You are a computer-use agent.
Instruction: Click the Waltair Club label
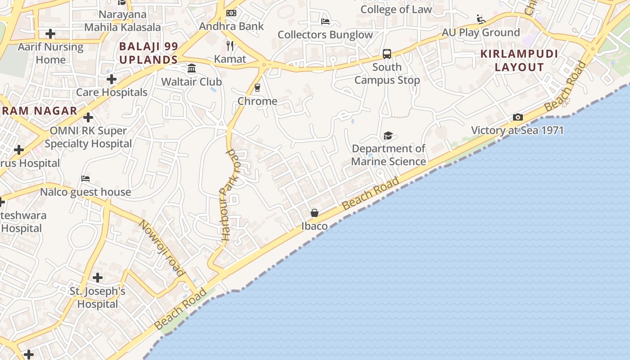pyautogui.click(x=192, y=82)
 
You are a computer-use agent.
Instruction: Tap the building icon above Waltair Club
pyautogui.click(x=192, y=68)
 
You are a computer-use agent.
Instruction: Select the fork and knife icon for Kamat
pyautogui.click(x=230, y=46)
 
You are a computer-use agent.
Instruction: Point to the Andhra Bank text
pyautogui.click(x=231, y=26)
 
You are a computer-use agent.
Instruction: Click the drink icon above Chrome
pyautogui.click(x=257, y=87)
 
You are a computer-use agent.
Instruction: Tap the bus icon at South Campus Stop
pyautogui.click(x=387, y=54)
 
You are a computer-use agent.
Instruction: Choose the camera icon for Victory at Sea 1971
pyautogui.click(x=518, y=117)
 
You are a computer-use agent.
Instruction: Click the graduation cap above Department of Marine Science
pyautogui.click(x=388, y=135)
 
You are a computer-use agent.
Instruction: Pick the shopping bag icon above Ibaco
pyautogui.click(x=315, y=213)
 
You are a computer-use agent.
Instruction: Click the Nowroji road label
pyautogui.click(x=162, y=248)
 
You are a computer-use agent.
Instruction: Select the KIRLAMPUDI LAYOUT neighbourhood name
pyautogui.click(x=519, y=61)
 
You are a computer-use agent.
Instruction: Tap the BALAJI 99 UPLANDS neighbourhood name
pyautogui.click(x=148, y=53)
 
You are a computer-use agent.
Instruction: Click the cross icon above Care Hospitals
pyautogui.click(x=112, y=80)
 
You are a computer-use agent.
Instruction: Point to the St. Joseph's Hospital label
pyautogui.click(x=97, y=297)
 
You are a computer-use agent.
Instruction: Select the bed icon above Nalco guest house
pyautogui.click(x=85, y=179)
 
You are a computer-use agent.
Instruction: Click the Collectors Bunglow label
pyautogui.click(x=325, y=35)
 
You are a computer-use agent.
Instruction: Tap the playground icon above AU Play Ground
pyautogui.click(x=481, y=19)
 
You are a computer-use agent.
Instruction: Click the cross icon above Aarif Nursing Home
pyautogui.click(x=50, y=34)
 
